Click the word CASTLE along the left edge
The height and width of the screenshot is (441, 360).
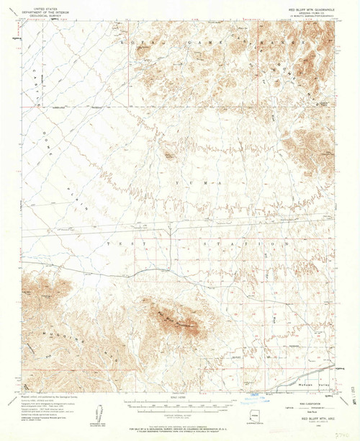(35, 76)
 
